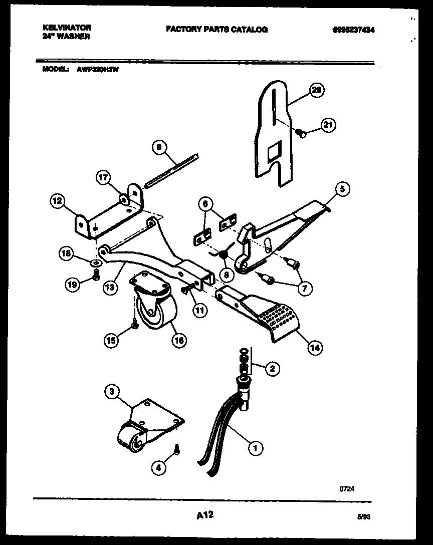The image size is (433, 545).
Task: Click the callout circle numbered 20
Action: point(316,90)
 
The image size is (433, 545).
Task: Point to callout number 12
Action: point(57,202)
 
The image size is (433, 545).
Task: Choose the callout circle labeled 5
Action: point(342,189)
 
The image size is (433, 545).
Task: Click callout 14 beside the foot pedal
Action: point(315,347)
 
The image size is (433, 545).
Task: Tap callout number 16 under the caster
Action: point(178,341)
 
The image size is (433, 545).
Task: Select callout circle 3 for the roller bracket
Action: point(112,391)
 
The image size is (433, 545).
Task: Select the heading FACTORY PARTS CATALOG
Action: point(216,30)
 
